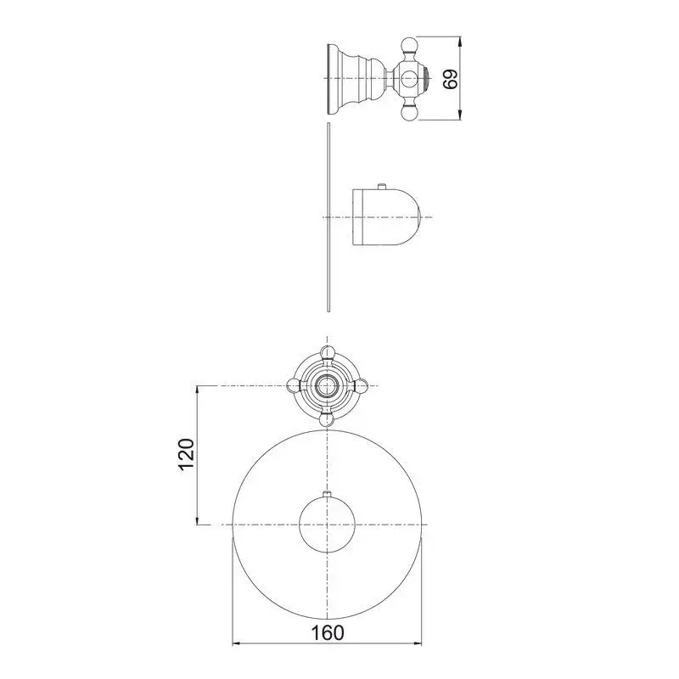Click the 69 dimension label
pos(451,78)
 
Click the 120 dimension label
pos(187,454)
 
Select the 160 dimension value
pos(328,632)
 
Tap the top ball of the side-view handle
pos(409,45)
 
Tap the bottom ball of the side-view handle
pos(409,112)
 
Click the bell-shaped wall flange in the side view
pos(356,79)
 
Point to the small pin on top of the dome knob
pos(381,186)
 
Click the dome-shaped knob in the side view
pos(386,217)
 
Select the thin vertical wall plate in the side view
pos(329,217)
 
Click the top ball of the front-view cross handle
pos(327,352)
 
